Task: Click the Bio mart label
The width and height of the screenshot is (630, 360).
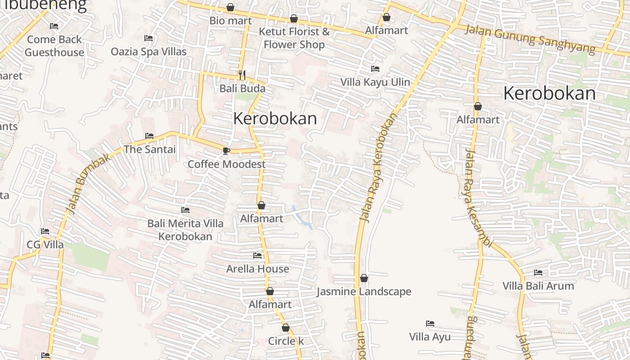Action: [230, 21]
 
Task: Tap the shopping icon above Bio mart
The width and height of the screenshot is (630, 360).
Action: [230, 8]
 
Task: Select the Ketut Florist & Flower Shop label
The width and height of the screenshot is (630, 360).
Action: [294, 38]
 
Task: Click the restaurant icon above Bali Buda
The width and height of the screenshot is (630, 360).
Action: [242, 75]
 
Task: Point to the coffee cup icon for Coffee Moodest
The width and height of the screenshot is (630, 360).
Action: [226, 151]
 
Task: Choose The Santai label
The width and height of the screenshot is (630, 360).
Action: [149, 149]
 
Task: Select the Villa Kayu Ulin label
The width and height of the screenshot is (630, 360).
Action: [375, 82]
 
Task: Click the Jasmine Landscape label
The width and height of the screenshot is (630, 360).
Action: [364, 292]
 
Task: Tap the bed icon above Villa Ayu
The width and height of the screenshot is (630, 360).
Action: [430, 324]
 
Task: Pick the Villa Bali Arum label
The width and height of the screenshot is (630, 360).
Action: [538, 286]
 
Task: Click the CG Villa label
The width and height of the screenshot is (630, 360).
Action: [45, 245]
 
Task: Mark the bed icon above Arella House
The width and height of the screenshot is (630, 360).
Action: [257, 256]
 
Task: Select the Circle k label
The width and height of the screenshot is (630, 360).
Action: [286, 341]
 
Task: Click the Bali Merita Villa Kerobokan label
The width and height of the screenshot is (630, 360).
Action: [185, 229]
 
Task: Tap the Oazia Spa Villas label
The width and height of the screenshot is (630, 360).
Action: [148, 52]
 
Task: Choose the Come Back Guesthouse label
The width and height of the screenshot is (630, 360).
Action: [54, 46]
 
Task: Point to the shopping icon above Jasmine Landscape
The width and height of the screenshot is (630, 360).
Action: [364, 279]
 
